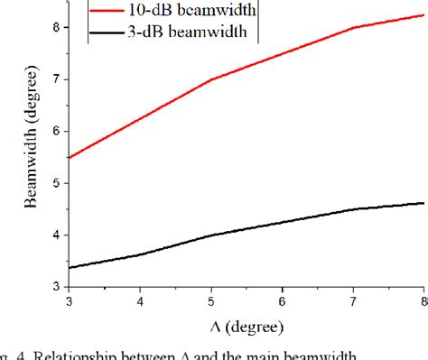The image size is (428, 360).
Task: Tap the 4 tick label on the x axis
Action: click(139, 301)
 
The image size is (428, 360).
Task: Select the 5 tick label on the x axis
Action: click(210, 301)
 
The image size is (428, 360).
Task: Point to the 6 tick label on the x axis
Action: click(282, 301)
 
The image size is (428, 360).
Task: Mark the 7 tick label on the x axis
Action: click(353, 301)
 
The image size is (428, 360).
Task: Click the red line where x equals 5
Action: click(210, 79)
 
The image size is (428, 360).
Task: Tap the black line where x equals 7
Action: click(353, 209)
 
